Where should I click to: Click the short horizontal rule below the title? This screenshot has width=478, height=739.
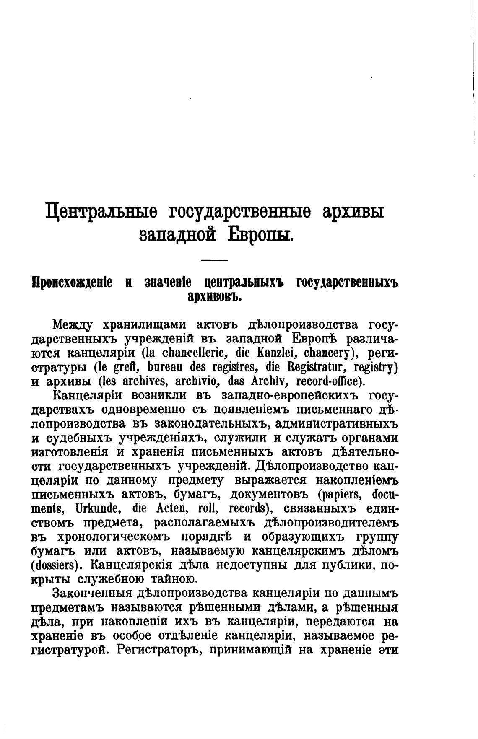(x=214, y=261)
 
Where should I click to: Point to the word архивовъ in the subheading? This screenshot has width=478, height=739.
(x=214, y=296)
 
